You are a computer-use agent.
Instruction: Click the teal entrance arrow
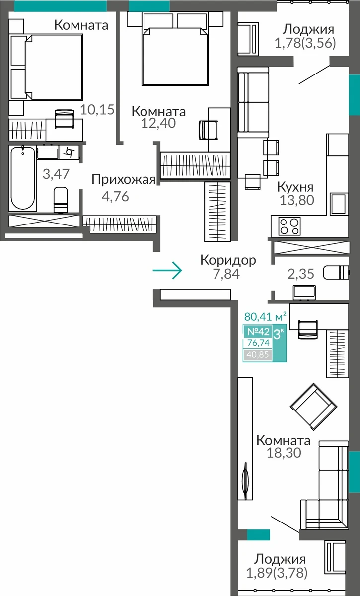pyautogui.click(x=167, y=270)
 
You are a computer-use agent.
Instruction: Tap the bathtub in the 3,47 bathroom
pyautogui.click(x=23, y=178)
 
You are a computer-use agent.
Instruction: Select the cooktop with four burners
pyautogui.click(x=289, y=226)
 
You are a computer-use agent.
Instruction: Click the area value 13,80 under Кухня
pyautogui.click(x=297, y=200)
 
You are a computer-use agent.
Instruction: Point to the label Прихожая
pyautogui.click(x=124, y=180)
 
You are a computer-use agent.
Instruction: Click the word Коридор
pyautogui.click(x=228, y=260)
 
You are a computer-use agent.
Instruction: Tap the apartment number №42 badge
pyautogui.click(x=258, y=332)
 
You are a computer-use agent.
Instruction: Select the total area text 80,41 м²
pyautogui.click(x=265, y=317)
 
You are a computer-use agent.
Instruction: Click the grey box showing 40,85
pyautogui.click(x=257, y=355)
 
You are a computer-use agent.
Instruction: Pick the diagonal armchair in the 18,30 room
pyautogui.click(x=313, y=407)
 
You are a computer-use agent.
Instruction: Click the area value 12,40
pyautogui.click(x=158, y=123)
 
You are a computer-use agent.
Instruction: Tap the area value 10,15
pyautogui.click(x=97, y=110)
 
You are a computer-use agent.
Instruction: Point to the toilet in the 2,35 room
pyautogui.click(x=336, y=273)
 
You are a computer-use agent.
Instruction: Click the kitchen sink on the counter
pyautogui.click(x=339, y=204)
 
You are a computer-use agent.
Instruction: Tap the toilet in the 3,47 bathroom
pyautogui.click(x=61, y=200)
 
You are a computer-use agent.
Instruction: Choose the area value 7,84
pyautogui.click(x=226, y=274)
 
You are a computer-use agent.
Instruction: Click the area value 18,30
pyautogui.click(x=284, y=453)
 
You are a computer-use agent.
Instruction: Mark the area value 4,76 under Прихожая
pyautogui.click(x=115, y=196)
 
